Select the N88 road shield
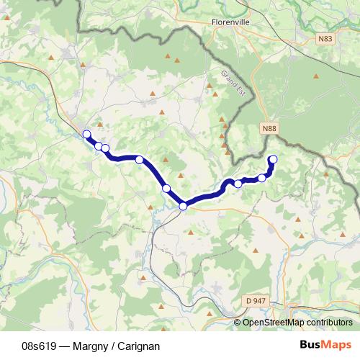[x=269, y=128]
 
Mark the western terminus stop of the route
[x=86, y=134]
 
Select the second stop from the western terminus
[x=99, y=146]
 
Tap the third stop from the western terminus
[x=105, y=149]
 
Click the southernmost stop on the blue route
[x=183, y=207]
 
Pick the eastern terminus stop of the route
[x=273, y=159]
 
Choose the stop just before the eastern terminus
[x=262, y=178]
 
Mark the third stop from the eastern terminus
[x=238, y=184]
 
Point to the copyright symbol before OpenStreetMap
[x=238, y=323]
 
